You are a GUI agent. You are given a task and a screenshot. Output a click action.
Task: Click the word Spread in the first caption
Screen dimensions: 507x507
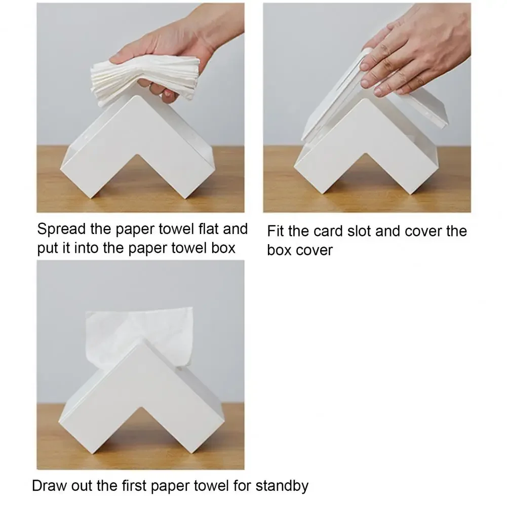tap(61, 229)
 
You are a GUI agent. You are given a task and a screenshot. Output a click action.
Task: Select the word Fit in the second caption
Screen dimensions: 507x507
tap(276, 231)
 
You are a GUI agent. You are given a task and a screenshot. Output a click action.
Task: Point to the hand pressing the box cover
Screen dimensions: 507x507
tap(417, 52)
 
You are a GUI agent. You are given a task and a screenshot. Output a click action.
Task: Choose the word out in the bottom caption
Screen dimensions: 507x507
tap(83, 486)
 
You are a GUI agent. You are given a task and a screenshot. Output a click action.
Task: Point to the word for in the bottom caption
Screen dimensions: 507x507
tap(242, 486)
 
